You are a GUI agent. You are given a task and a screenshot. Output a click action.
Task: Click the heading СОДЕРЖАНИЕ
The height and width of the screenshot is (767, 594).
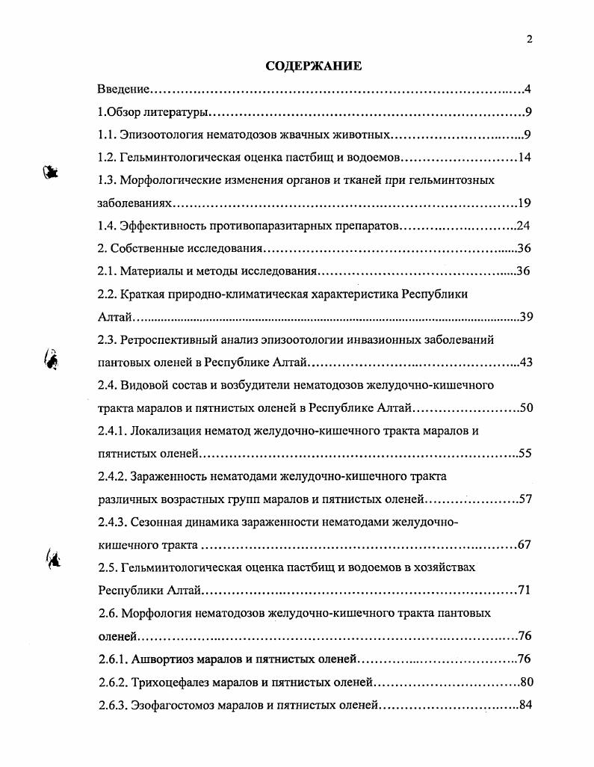pyautogui.click(x=314, y=67)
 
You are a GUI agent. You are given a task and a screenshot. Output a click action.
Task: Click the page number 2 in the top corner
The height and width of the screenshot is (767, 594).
pyautogui.click(x=529, y=40)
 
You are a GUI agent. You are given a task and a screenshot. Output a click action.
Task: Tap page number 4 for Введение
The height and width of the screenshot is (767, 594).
pyautogui.click(x=527, y=90)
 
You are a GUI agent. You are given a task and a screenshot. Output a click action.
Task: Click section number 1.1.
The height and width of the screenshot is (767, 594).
pyautogui.click(x=108, y=135)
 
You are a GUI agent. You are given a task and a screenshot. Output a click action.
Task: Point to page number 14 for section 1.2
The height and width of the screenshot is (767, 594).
pyautogui.click(x=524, y=158)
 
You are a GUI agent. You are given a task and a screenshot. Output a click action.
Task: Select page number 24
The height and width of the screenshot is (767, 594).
pyautogui.click(x=523, y=226)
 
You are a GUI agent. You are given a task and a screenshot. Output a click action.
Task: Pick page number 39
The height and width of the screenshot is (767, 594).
pyautogui.click(x=525, y=317)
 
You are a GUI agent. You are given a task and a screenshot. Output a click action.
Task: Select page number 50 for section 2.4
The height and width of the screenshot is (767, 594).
pyautogui.click(x=525, y=408)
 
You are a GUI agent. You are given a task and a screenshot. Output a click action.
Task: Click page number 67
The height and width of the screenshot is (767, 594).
pyautogui.click(x=525, y=545)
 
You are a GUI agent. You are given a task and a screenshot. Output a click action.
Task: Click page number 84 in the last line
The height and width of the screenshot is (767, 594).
pyautogui.click(x=525, y=705)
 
